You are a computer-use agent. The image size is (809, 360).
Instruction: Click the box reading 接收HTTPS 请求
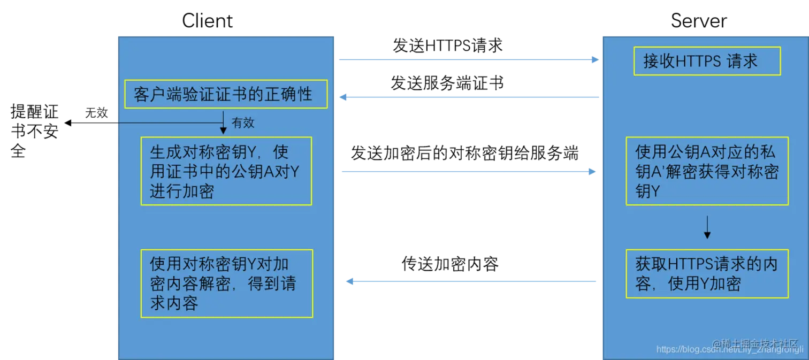pos(707,61)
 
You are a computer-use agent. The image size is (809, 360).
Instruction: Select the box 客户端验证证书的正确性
pos(226,95)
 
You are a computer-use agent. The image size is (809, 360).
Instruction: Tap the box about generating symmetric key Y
pos(226,171)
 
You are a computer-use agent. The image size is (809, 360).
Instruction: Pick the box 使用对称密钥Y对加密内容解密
pos(226,283)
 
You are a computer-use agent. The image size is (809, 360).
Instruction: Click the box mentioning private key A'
pos(707,171)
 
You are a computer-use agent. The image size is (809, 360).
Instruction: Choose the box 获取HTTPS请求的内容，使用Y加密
pos(707,273)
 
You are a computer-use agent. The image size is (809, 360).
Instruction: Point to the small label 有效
pos(243,123)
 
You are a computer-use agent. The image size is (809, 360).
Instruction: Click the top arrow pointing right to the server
pos(468,60)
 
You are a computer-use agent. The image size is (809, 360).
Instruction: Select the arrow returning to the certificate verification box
pos(468,97)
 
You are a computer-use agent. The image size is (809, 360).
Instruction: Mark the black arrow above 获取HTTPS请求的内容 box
pos(707,227)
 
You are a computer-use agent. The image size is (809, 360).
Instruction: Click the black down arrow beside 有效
pos(223,122)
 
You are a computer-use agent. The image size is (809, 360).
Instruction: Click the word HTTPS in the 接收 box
pos(691,61)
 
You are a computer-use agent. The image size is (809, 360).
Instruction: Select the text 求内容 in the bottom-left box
pos(174,303)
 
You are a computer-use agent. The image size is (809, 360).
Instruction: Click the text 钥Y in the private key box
pos(648,192)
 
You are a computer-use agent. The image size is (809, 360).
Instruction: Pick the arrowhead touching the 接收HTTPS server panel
pos(594,60)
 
